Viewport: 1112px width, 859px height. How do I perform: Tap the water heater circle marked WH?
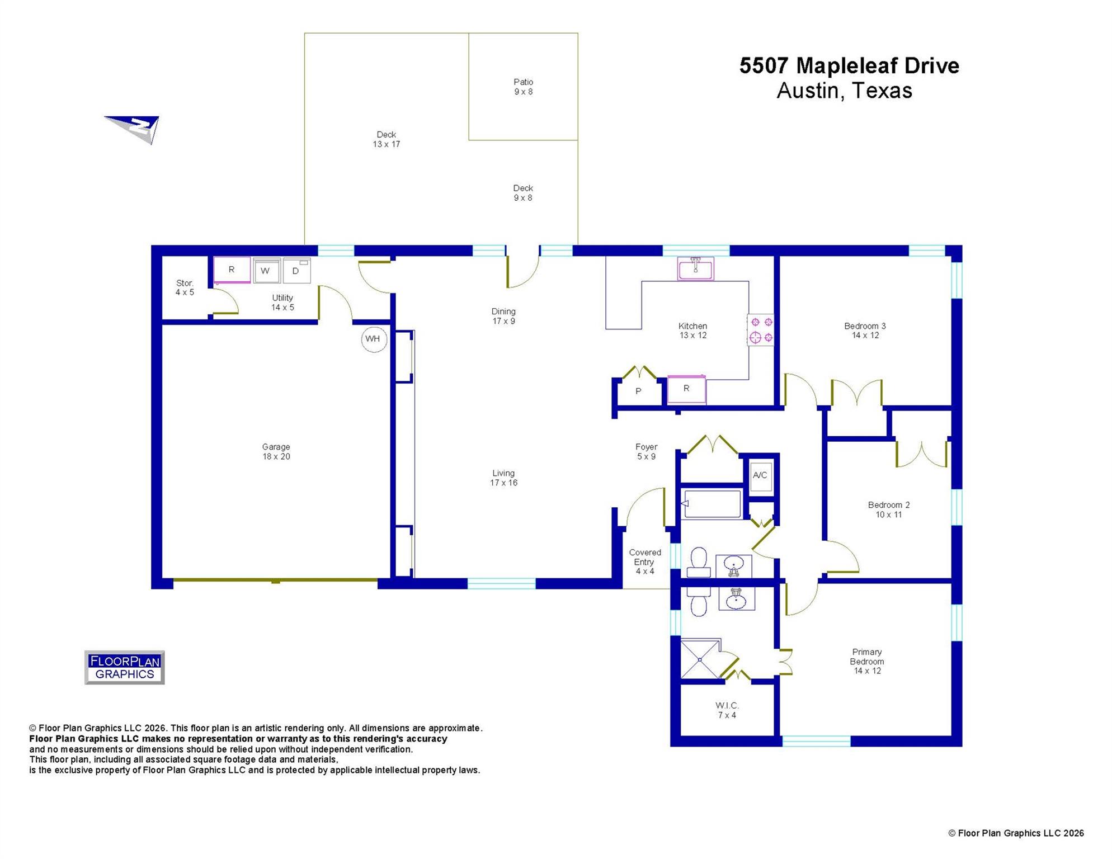[374, 339]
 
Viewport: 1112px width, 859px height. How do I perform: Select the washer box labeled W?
[266, 271]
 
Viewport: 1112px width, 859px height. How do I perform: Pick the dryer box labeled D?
[296, 271]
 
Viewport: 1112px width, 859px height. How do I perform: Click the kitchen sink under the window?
[695, 269]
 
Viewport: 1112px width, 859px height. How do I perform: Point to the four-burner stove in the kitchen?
[761, 330]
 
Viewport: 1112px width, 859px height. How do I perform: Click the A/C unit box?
[760, 476]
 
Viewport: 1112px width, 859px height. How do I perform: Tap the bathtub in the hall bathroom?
[711, 504]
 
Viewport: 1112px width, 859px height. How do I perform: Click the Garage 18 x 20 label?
[276, 452]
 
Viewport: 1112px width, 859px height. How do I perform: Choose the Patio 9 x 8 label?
[524, 87]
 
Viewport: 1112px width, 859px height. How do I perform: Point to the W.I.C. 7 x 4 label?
[727, 710]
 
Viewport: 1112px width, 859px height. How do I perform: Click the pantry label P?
[638, 391]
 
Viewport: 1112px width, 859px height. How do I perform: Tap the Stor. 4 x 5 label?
[185, 288]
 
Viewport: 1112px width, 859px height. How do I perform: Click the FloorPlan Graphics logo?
[124, 667]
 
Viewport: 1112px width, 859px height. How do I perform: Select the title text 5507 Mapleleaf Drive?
[849, 66]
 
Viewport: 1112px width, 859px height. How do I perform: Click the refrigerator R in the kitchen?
[686, 389]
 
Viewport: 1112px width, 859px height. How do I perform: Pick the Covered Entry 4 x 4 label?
[644, 561]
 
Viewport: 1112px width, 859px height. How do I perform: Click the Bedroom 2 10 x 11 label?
[888, 509]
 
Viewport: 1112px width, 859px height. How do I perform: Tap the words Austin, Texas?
[844, 91]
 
